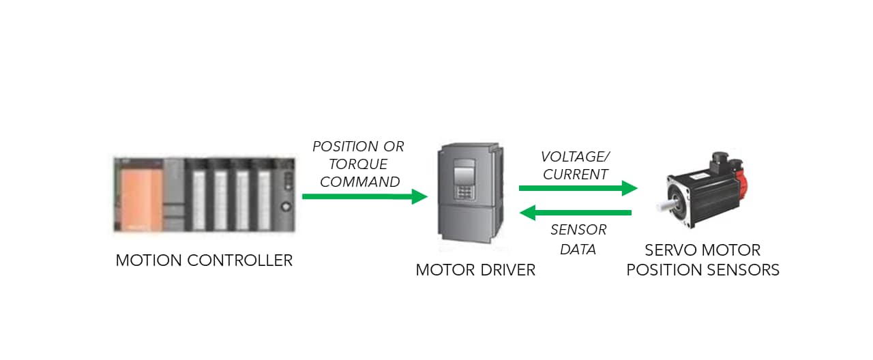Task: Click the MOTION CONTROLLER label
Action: point(204,260)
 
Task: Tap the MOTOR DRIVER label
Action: point(475,270)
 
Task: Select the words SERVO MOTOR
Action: point(702,250)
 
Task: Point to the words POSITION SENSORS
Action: point(702,270)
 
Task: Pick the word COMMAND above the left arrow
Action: point(360,182)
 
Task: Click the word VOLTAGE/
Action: point(575,156)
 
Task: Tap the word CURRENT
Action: point(575,174)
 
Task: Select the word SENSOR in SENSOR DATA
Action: point(578,230)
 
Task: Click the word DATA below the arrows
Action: point(578,250)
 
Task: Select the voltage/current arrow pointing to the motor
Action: point(577,187)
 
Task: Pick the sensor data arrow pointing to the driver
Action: point(576,213)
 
